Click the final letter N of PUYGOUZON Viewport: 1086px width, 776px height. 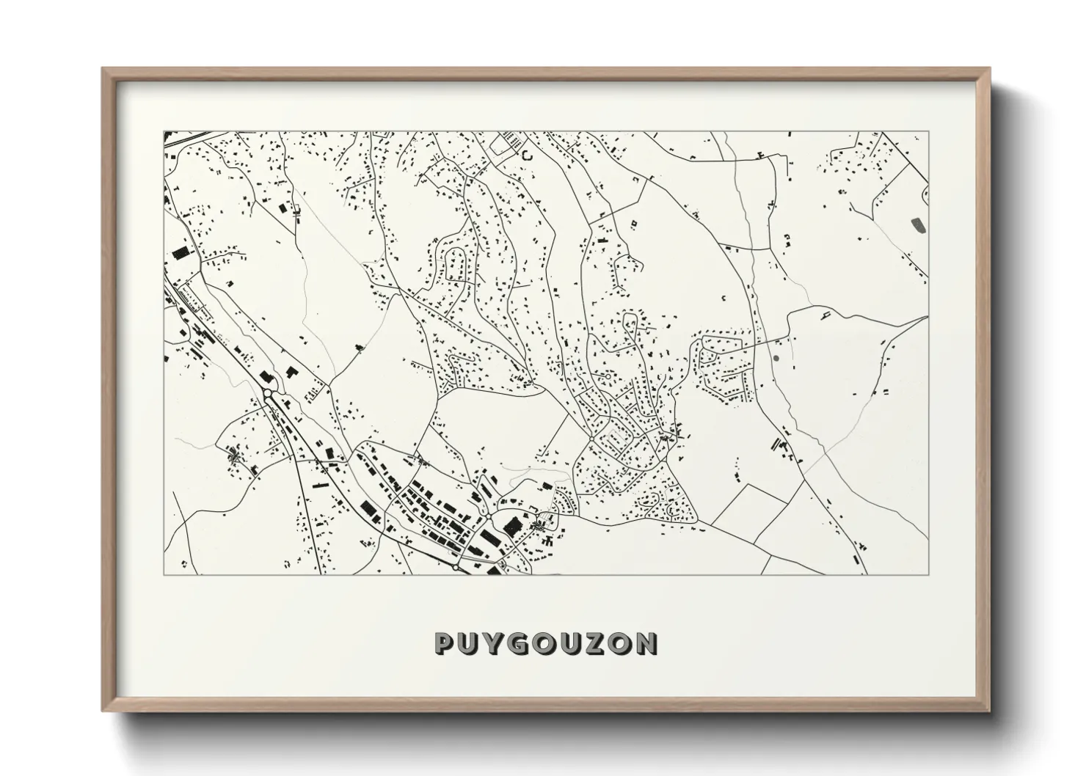click(646, 644)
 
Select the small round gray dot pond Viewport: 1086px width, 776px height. click(776, 359)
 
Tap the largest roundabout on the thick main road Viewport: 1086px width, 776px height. click(269, 395)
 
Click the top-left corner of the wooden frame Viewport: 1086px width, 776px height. click(103, 69)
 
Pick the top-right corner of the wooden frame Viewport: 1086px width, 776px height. click(990, 69)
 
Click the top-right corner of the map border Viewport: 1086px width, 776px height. click(928, 132)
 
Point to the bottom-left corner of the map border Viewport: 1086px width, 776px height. click(164, 574)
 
